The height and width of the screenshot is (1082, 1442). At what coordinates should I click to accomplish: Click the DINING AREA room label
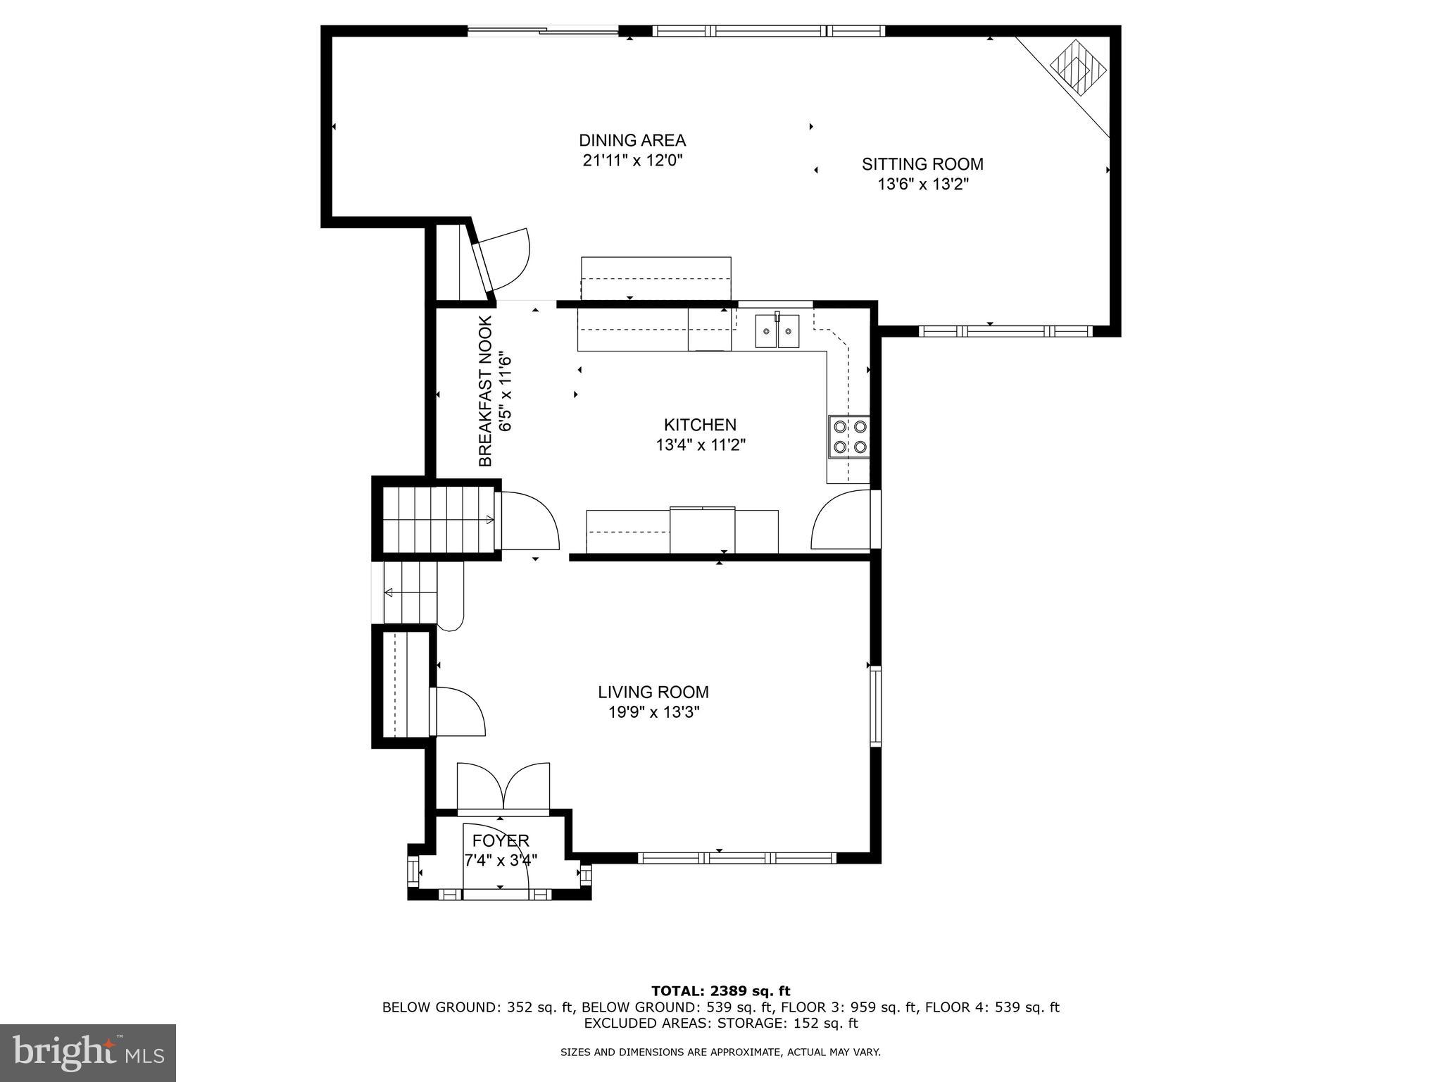point(632,140)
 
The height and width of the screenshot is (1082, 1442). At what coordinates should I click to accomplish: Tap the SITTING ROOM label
point(922,164)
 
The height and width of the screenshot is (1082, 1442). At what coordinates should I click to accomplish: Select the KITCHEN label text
point(700,425)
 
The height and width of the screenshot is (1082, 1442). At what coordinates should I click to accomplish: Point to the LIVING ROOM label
point(653,692)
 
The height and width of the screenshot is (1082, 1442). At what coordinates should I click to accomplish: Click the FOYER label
point(501,840)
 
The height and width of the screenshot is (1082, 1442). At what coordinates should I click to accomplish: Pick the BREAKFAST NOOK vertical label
point(485,392)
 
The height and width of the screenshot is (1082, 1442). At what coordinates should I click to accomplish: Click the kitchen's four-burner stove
point(850,437)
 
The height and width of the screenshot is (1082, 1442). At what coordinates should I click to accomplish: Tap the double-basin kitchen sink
point(777,331)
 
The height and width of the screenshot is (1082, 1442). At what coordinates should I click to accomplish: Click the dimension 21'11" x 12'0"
point(632,161)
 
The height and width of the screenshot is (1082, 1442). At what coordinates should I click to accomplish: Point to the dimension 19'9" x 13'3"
point(653,713)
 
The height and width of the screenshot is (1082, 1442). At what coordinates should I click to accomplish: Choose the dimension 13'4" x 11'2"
point(700,445)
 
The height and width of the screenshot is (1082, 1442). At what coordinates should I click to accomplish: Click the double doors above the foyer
point(503,787)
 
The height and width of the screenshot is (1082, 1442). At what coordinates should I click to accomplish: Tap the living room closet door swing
point(458,711)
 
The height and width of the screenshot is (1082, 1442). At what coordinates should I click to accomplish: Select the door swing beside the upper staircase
point(528,521)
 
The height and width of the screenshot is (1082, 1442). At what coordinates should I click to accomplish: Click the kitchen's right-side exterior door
point(841,521)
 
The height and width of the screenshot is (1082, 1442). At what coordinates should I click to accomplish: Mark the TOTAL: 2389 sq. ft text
point(720,991)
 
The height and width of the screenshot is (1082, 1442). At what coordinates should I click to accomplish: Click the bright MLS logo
point(88,1052)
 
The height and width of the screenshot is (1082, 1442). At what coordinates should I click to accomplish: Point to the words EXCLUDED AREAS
point(637,1024)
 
